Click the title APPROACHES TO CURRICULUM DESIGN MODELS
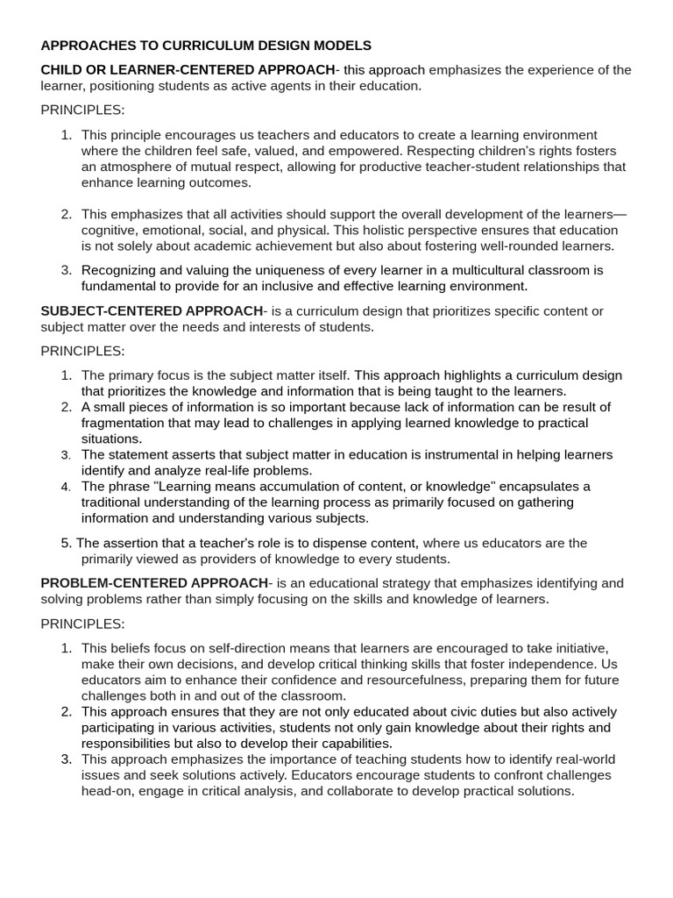[206, 45]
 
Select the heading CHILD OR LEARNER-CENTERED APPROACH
[188, 70]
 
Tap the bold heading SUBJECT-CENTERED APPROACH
[152, 311]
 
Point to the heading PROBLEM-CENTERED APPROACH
[154, 583]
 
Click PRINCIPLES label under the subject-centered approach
[82, 351]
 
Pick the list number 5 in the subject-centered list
[67, 544]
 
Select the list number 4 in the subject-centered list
[67, 487]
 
